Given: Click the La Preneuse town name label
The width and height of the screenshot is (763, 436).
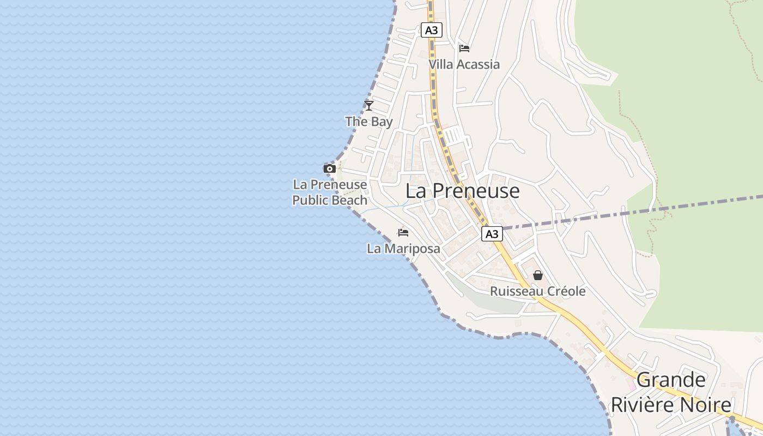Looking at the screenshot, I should click(x=463, y=191).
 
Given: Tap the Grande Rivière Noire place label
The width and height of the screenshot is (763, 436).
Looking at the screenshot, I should click(x=671, y=392).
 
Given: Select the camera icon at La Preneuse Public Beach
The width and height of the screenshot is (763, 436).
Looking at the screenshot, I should click(x=329, y=168).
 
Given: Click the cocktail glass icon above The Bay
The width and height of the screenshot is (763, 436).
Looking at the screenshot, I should click(x=369, y=105).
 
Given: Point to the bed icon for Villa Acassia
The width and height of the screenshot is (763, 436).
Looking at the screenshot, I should click(x=464, y=48).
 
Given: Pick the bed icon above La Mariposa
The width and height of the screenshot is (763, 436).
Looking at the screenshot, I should click(x=403, y=233).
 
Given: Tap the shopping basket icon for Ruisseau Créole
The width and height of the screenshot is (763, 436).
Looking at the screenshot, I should click(x=538, y=275).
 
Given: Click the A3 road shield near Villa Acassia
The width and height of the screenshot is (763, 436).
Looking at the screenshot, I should click(x=431, y=30).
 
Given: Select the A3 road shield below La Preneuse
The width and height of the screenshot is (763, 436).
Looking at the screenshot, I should click(x=492, y=234).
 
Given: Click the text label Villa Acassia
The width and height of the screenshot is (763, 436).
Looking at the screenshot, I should click(x=464, y=64).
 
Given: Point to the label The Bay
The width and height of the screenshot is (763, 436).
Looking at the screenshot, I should click(x=369, y=122).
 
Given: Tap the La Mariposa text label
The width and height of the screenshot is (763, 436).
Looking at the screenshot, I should click(x=403, y=249).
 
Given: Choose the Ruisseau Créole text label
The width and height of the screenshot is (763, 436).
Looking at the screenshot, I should click(x=538, y=292).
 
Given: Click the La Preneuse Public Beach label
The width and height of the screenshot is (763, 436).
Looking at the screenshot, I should click(x=330, y=192).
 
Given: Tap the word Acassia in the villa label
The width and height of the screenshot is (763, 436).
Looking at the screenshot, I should click(x=478, y=64).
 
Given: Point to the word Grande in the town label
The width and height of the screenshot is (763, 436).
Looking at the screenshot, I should click(x=671, y=380).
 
